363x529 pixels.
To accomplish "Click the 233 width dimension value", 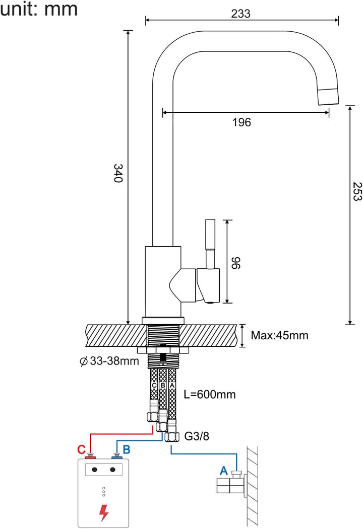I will coord(241,14).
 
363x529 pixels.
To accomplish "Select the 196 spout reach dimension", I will coord(241,122).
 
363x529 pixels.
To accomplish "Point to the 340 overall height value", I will coord(118,173).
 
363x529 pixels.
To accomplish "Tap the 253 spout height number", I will coord(356,191).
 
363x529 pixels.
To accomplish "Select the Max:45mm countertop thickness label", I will coord(279,335).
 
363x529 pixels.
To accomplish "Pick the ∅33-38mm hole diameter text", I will coord(108,361).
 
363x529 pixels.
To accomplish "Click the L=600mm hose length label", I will coord(210,394).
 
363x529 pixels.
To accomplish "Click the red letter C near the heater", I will coord(81,449).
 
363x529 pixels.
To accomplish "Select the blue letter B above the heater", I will coord(127,448).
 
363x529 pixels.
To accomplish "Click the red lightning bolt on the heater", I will coord(104,512).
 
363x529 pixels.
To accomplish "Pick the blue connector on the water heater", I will coord(117,457).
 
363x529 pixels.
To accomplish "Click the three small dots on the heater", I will coord(104,492).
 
